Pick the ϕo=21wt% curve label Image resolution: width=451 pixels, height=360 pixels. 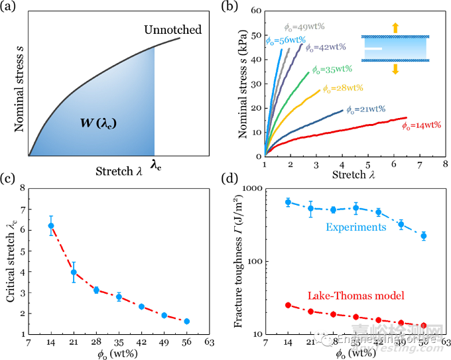365,109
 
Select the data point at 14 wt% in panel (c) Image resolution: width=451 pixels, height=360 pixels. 51,225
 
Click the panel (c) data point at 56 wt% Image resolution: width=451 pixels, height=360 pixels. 187,321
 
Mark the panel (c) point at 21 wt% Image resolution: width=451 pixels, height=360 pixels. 74,272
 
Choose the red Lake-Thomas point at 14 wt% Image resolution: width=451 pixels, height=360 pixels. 288,305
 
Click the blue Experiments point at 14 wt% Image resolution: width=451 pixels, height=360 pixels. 288,202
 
